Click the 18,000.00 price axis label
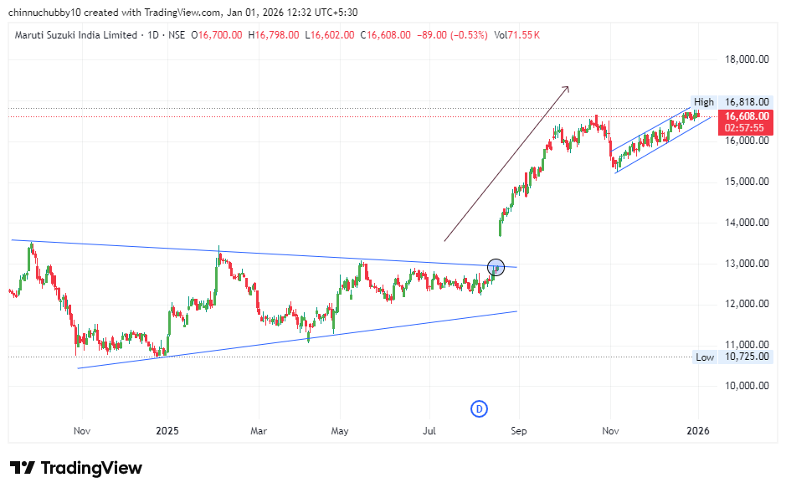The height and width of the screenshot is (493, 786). (x=746, y=59)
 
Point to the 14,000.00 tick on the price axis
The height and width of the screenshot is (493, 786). (x=746, y=223)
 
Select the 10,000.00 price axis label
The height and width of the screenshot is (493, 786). (x=746, y=386)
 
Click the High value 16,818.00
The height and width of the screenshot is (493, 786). (x=747, y=102)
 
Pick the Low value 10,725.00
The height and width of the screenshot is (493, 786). (x=747, y=357)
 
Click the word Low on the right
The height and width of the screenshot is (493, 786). (x=705, y=357)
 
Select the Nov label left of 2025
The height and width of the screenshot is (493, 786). (x=82, y=430)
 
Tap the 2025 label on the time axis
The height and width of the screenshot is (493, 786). (x=167, y=430)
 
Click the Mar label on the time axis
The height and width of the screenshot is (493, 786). (x=259, y=430)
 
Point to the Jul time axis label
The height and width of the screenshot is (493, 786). (x=429, y=430)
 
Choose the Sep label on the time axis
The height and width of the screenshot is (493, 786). (x=518, y=430)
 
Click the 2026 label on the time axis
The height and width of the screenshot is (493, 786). (x=697, y=430)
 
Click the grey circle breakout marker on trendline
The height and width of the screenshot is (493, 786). (x=496, y=268)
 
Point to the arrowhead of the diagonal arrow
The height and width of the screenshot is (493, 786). (x=567, y=88)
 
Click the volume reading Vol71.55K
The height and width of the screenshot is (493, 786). (x=516, y=35)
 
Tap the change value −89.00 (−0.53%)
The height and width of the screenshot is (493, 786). (x=452, y=35)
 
